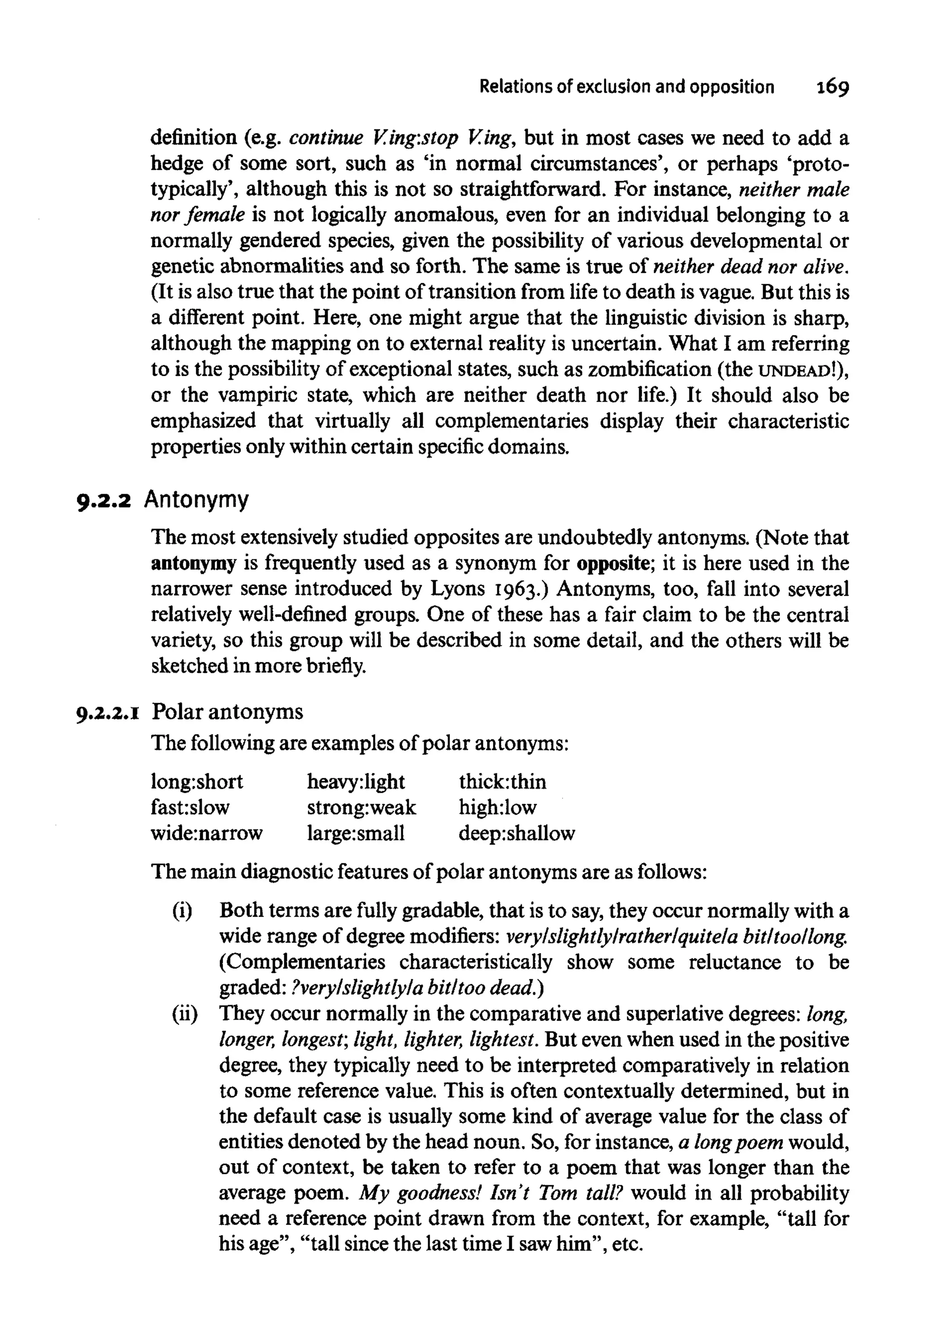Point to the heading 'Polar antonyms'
point(228,711)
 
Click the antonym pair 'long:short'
point(196,782)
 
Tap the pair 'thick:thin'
point(502,782)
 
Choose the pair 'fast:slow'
point(190,807)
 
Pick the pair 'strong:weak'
point(361,808)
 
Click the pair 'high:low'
point(497,807)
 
